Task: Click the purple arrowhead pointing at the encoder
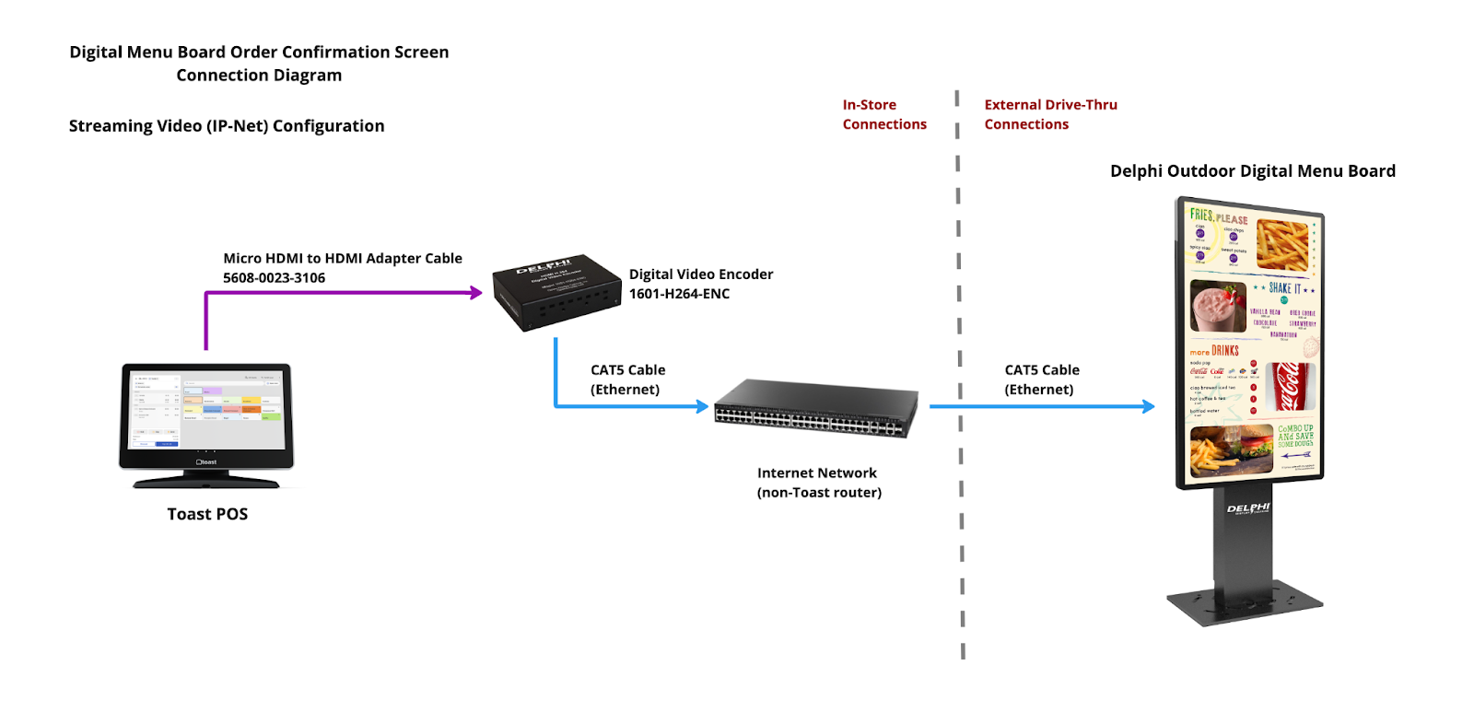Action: tap(476, 293)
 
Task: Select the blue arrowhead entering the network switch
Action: tap(703, 406)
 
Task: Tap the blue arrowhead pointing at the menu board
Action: tap(1149, 406)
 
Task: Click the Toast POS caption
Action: tap(207, 514)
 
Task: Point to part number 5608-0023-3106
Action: tap(274, 278)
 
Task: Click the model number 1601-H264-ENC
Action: tap(679, 294)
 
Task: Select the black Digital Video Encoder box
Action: tap(556, 292)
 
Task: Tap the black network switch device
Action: tap(816, 409)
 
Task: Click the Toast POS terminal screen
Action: tap(206, 410)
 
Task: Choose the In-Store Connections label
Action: tap(883, 114)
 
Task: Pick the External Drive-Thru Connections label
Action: tap(1050, 114)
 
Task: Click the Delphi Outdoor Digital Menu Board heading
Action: tap(1252, 171)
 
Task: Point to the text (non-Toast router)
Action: tap(819, 493)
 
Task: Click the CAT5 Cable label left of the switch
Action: tap(627, 379)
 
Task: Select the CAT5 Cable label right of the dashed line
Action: tap(1041, 379)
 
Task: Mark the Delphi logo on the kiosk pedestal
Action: tap(1248, 508)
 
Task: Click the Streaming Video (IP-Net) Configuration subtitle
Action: tap(227, 126)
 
